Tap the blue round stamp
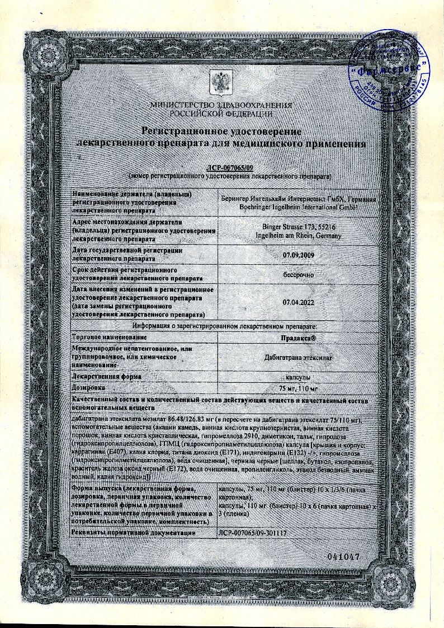tap(391, 71)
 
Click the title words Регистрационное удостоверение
tap(221, 131)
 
